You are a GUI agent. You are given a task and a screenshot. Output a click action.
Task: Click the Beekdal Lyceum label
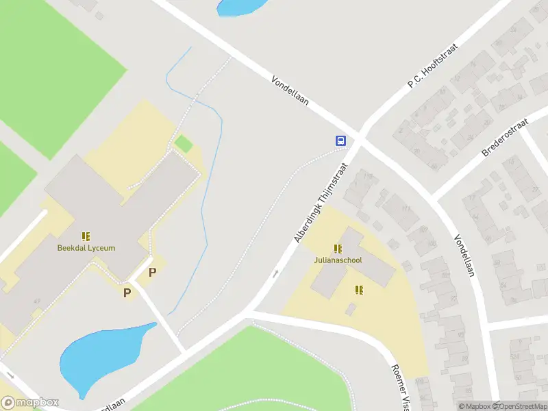(x=86, y=248)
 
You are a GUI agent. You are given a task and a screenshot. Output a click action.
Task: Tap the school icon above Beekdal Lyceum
(x=86, y=236)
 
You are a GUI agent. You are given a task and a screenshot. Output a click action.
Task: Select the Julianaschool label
(x=338, y=260)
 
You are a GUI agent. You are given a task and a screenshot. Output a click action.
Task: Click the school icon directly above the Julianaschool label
(x=338, y=249)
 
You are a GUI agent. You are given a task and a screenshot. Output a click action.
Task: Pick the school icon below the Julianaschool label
(x=359, y=290)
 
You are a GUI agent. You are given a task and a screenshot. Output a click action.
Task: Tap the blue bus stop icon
(x=340, y=141)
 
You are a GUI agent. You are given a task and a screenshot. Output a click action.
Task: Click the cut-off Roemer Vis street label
(x=400, y=386)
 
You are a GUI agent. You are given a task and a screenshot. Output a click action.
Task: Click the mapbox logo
(x=29, y=403)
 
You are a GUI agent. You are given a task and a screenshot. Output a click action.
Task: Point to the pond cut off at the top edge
(x=239, y=6)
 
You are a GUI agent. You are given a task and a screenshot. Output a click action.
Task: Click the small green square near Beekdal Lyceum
(x=183, y=144)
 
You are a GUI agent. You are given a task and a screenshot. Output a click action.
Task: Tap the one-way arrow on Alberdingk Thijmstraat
(x=276, y=274)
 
